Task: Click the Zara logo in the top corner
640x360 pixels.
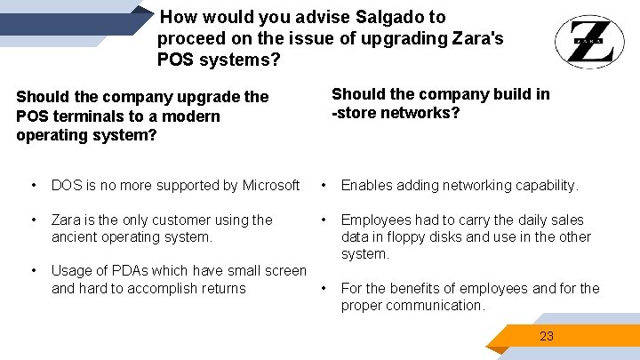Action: tap(583, 42)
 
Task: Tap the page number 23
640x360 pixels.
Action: tap(547, 336)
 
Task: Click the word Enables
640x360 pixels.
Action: tap(368, 185)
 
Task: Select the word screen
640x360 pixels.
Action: tap(284, 270)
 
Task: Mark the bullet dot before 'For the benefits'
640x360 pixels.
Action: tap(324, 288)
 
